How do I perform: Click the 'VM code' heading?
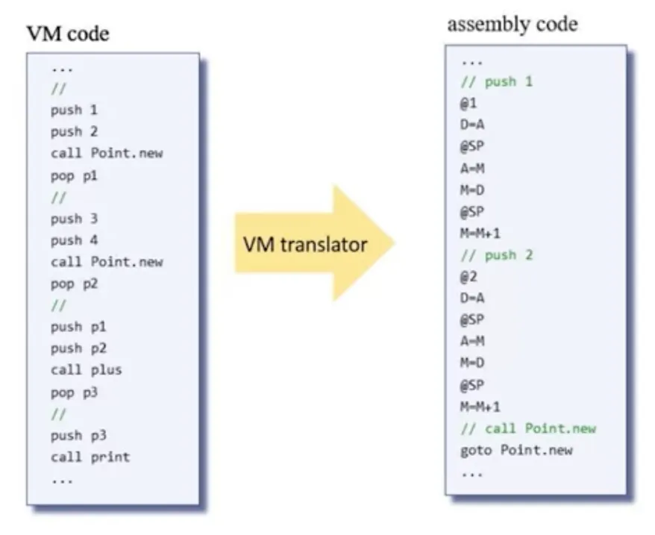click(68, 34)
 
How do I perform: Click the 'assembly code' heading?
click(512, 24)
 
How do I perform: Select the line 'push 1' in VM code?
click(74, 110)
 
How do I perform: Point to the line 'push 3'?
click(74, 219)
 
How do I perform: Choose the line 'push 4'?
click(74, 240)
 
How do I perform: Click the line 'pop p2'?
click(74, 284)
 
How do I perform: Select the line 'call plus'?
click(86, 370)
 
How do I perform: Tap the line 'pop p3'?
click(74, 392)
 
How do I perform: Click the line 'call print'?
click(90, 457)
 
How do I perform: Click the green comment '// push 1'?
click(497, 81)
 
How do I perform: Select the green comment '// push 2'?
click(497, 255)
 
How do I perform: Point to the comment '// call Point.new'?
click(528, 428)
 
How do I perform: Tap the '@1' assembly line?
click(468, 104)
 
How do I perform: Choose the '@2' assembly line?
click(468, 277)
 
